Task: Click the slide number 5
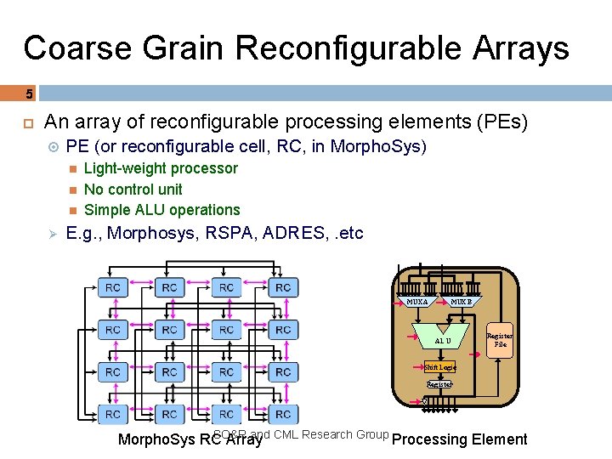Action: coord(28,93)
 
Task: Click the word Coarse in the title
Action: coord(76,48)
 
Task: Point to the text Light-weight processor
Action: coord(161,168)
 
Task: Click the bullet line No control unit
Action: coord(133,189)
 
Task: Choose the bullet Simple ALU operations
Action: coord(161,209)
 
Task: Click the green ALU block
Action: coord(443,340)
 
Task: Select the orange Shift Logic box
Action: coord(439,368)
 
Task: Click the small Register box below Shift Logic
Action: coord(439,385)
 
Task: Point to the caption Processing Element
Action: coord(460,439)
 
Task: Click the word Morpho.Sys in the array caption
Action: coord(156,440)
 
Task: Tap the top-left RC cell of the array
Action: coord(113,288)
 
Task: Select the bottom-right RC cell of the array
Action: coord(283,414)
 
